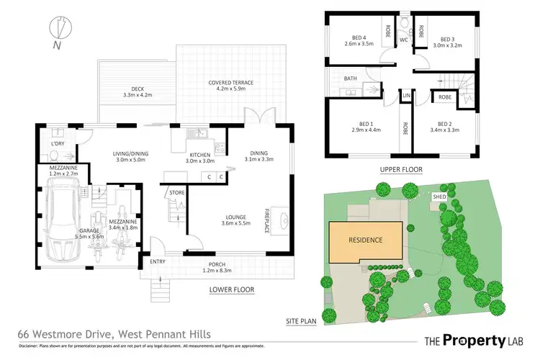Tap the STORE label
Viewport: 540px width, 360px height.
176,193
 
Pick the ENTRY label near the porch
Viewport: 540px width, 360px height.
158,261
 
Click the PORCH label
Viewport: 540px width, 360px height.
217,264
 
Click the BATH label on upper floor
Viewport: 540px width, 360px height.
351,78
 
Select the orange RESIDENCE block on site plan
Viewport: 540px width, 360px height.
366,240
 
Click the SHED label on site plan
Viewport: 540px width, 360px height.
438,196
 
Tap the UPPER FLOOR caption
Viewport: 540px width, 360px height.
400,169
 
